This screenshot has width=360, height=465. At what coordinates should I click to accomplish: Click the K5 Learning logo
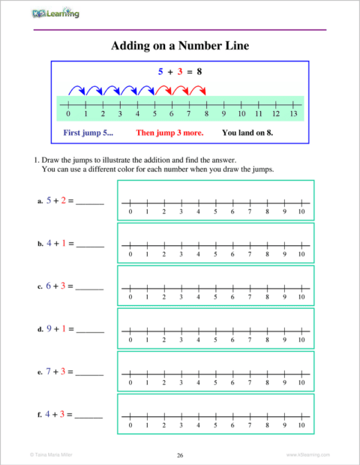tap(57, 13)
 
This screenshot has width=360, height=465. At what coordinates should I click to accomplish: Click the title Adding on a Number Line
tap(180, 46)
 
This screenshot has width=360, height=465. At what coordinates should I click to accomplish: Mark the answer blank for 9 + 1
tap(90, 330)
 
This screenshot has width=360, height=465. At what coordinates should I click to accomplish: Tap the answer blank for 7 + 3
tap(90, 373)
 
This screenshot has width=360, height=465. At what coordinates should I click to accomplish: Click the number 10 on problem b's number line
tap(301, 255)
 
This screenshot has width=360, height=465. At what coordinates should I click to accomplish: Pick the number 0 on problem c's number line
tap(130, 298)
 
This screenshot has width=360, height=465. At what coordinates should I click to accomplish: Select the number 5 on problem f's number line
tap(215, 425)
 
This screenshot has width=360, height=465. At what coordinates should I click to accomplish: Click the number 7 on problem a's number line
tap(250, 212)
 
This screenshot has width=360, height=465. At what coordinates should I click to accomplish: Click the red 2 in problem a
tap(64, 201)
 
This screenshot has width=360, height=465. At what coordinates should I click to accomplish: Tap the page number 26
tap(180, 455)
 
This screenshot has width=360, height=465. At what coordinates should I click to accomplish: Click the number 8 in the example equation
tap(199, 72)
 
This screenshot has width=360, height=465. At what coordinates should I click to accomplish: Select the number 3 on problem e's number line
tap(181, 382)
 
